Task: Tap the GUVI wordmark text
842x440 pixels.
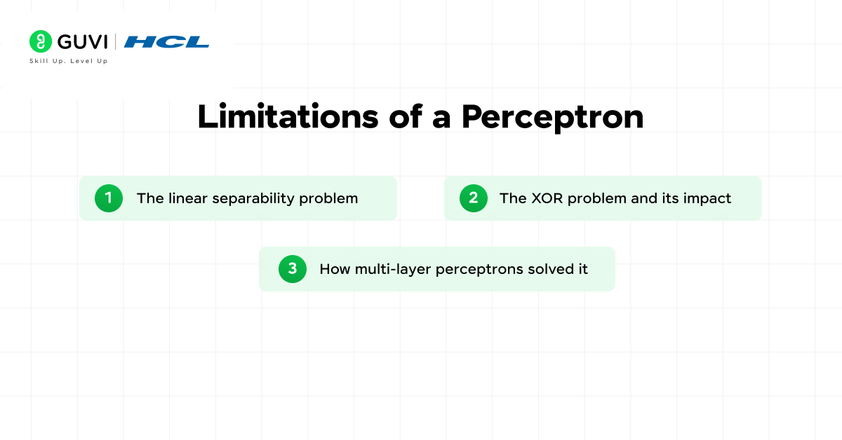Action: point(82,42)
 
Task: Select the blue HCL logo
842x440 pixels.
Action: point(166,42)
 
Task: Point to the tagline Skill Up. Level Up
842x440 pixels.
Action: point(68,61)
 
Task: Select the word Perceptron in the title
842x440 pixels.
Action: point(552,117)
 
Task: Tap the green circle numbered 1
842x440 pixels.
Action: point(109,198)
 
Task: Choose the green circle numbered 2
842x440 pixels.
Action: point(474,198)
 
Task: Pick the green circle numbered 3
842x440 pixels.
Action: point(293,269)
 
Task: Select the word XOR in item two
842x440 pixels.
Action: point(546,198)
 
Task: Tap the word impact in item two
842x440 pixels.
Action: point(708,199)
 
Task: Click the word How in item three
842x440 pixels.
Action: point(334,269)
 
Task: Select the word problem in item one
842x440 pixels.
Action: point(328,199)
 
